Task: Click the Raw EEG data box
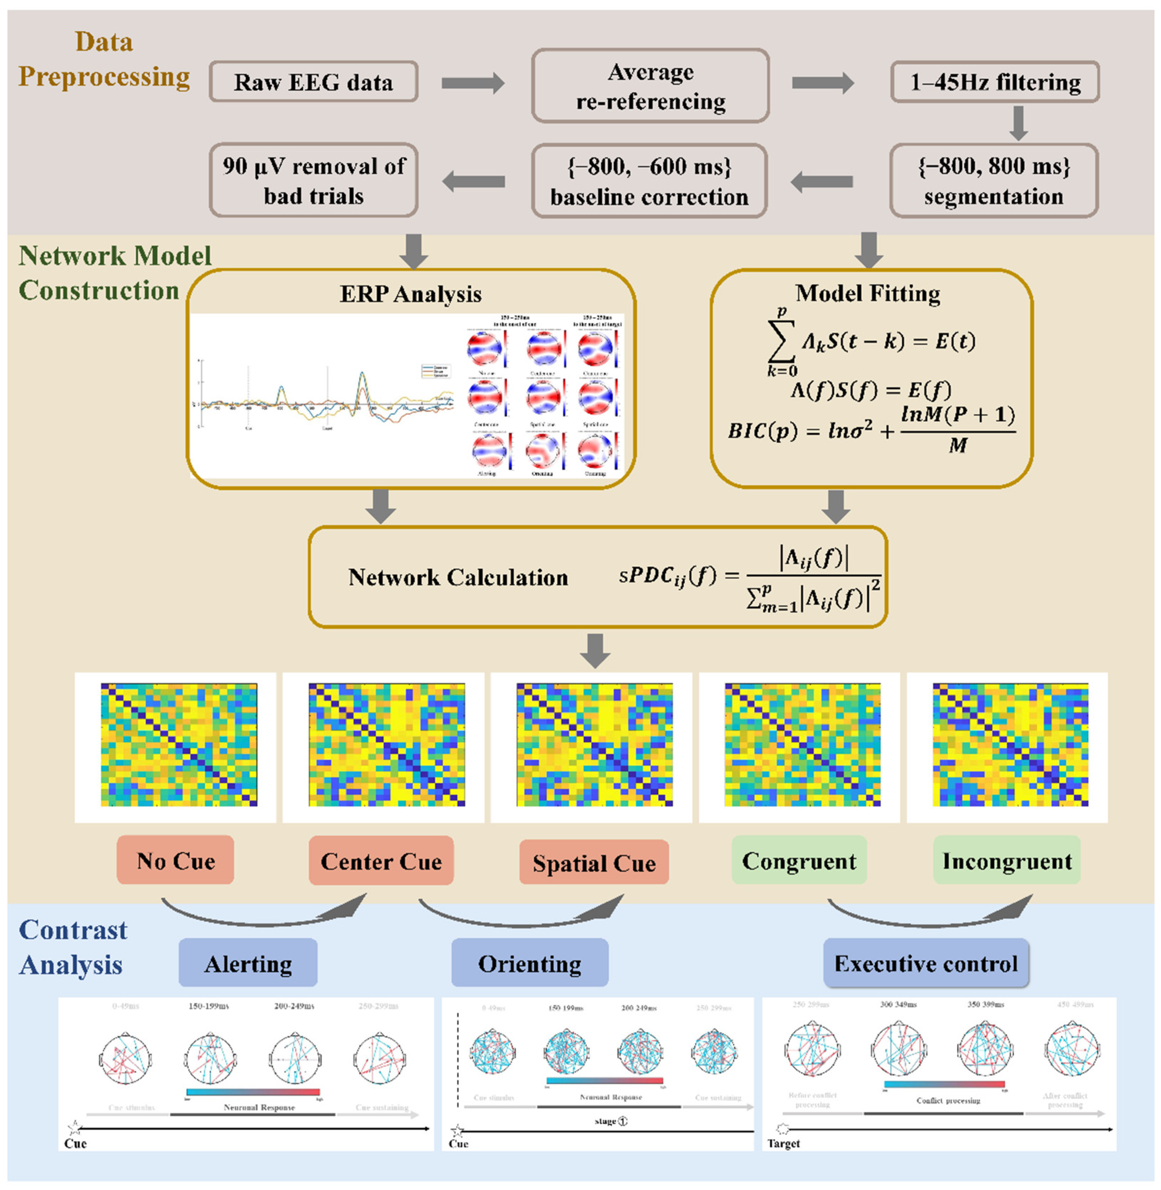[314, 82]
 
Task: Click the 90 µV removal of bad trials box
[314, 180]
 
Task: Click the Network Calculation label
[458, 577]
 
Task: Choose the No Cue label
[175, 860]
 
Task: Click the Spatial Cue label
[594, 863]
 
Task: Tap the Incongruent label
[1007, 860]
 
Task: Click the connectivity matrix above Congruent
[802, 745]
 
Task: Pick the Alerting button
[248, 963]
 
